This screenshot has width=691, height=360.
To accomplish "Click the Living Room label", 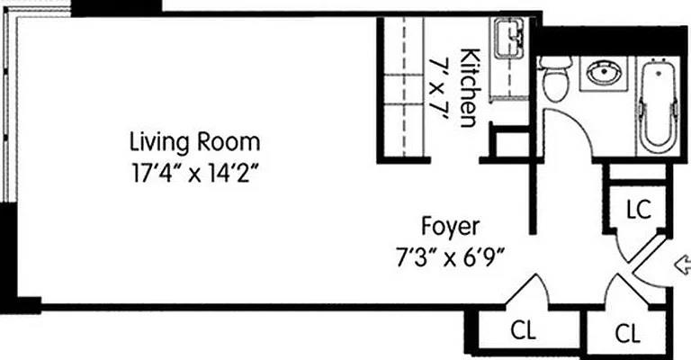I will tap(195, 141).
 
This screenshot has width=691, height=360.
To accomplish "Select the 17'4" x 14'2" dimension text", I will tap(195, 172).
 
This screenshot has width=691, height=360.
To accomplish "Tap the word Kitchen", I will tap(469, 86).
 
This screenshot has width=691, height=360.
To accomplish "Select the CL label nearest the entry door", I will tap(629, 334).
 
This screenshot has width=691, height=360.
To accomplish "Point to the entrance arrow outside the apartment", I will tap(682, 265).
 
